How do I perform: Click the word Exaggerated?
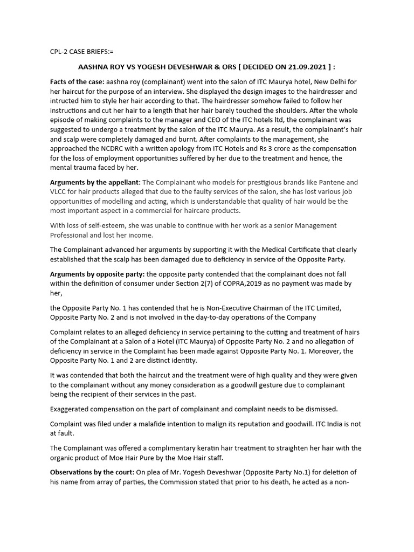(72, 408)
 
